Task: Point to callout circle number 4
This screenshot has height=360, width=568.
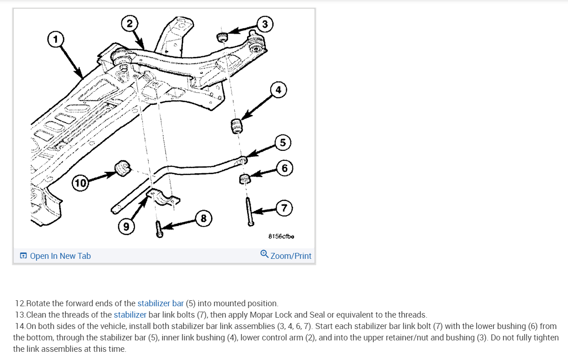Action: [279, 90]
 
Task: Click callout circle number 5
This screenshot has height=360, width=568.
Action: [283, 143]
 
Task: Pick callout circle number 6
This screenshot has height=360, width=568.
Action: [284, 169]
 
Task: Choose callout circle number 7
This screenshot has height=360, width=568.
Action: [284, 208]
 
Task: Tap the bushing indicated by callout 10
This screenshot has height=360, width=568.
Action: [122, 168]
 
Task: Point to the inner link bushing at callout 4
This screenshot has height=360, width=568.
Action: [236, 126]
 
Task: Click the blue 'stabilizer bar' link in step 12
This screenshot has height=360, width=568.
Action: [160, 303]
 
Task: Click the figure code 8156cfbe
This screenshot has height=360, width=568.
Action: [281, 237]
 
